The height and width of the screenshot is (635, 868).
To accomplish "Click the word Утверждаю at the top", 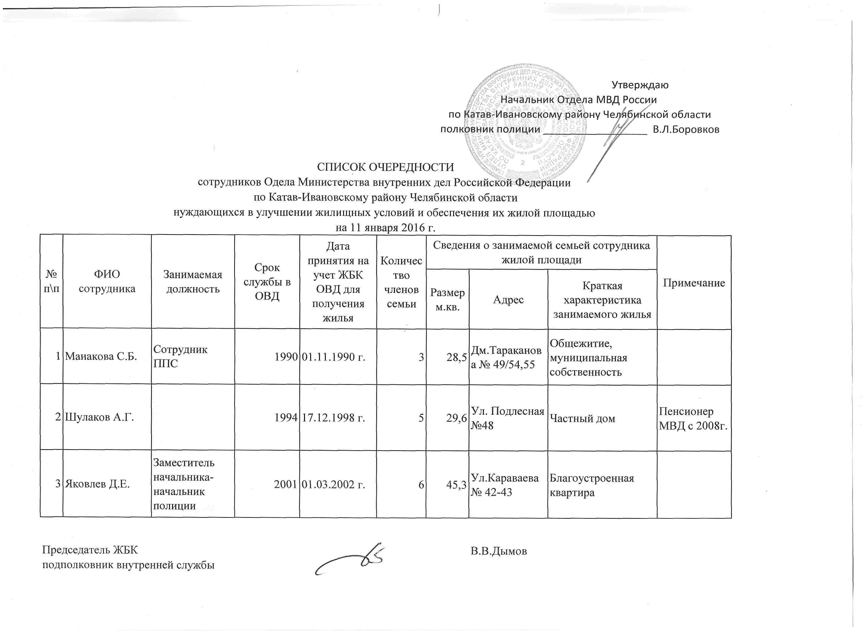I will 640,85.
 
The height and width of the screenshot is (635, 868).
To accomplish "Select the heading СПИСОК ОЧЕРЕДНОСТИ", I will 385,167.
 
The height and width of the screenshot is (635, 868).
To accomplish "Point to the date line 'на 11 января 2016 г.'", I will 385,228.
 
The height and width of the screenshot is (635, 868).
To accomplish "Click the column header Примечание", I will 694,283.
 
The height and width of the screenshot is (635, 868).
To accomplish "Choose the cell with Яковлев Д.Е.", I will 97,484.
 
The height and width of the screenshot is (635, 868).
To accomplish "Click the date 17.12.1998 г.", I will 333,418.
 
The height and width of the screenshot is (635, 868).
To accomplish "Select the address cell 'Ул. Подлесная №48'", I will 507,418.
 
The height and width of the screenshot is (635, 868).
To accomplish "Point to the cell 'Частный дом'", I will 582,419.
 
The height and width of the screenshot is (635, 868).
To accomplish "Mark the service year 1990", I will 286,357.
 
